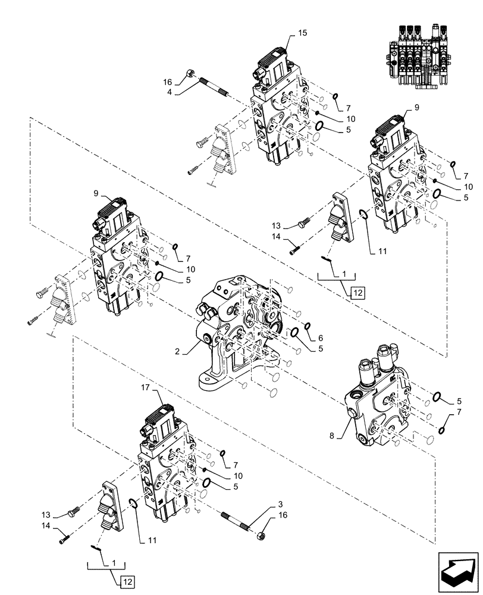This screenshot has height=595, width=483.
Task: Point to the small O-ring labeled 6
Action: click(x=308, y=325)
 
